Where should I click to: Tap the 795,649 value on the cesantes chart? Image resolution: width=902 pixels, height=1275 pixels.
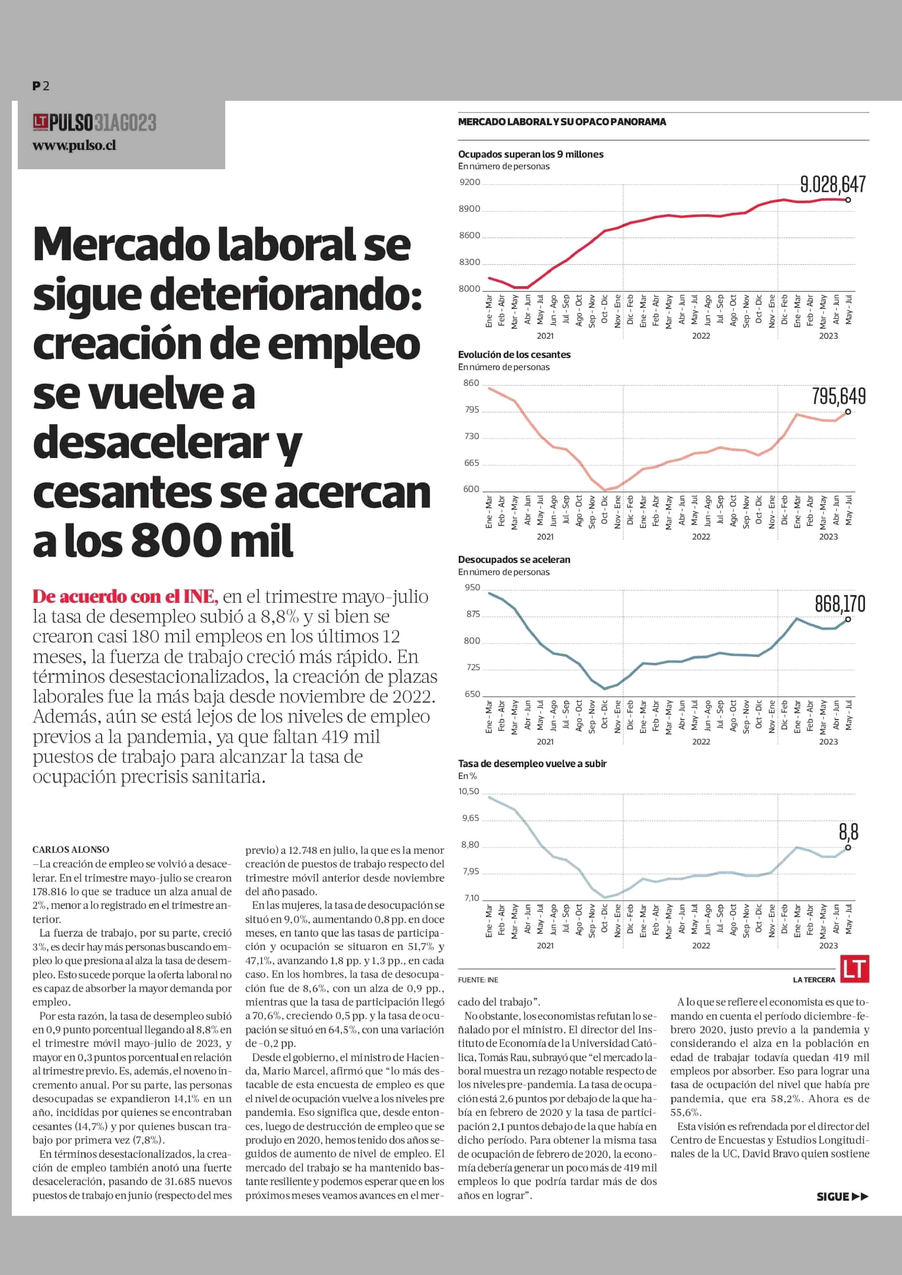[839, 396]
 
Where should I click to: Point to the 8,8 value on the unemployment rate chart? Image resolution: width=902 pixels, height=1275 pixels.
[849, 832]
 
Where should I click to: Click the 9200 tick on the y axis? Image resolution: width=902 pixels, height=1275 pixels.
[470, 182]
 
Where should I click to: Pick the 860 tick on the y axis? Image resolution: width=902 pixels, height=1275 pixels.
[471, 383]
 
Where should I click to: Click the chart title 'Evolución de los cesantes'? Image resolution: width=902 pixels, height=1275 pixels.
[514, 354]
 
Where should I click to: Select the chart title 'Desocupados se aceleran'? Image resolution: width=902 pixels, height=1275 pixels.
[514, 559]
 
